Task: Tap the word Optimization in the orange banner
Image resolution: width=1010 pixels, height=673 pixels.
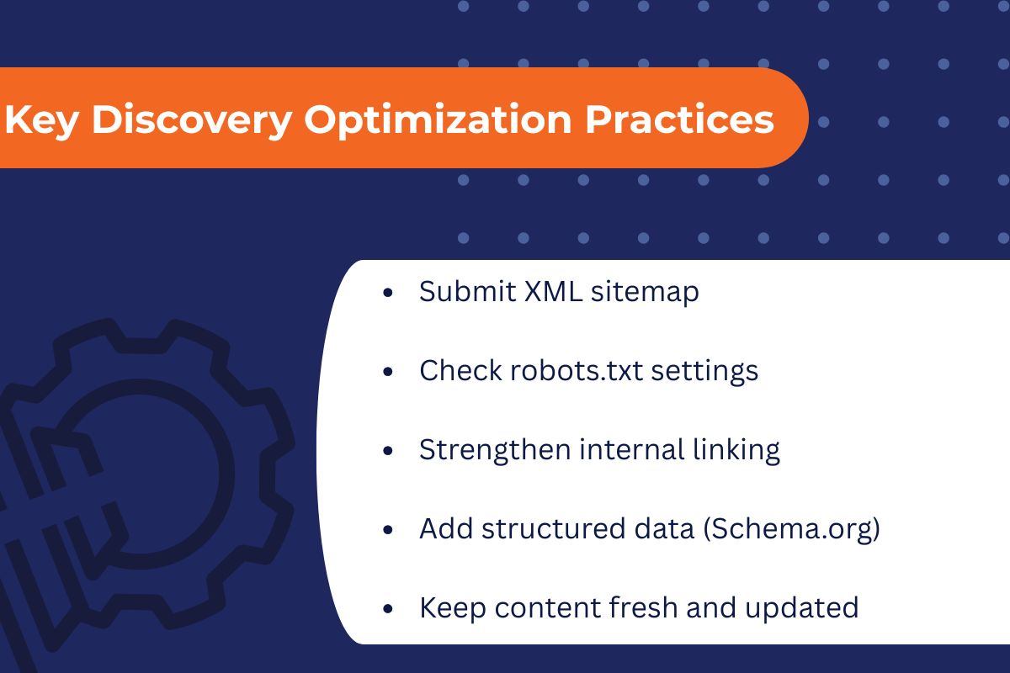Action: (438, 119)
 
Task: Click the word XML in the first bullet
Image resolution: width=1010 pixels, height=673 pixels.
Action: (553, 292)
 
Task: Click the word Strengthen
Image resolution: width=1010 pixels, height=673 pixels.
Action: (494, 449)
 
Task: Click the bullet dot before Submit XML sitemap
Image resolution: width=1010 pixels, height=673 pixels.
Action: (387, 294)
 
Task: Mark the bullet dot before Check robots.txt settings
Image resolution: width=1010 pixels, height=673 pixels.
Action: (387, 372)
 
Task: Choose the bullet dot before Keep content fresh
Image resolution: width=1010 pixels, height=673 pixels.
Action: (387, 609)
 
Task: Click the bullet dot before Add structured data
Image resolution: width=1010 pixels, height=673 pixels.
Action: (387, 530)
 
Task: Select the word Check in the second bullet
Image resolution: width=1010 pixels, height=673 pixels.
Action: (460, 370)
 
